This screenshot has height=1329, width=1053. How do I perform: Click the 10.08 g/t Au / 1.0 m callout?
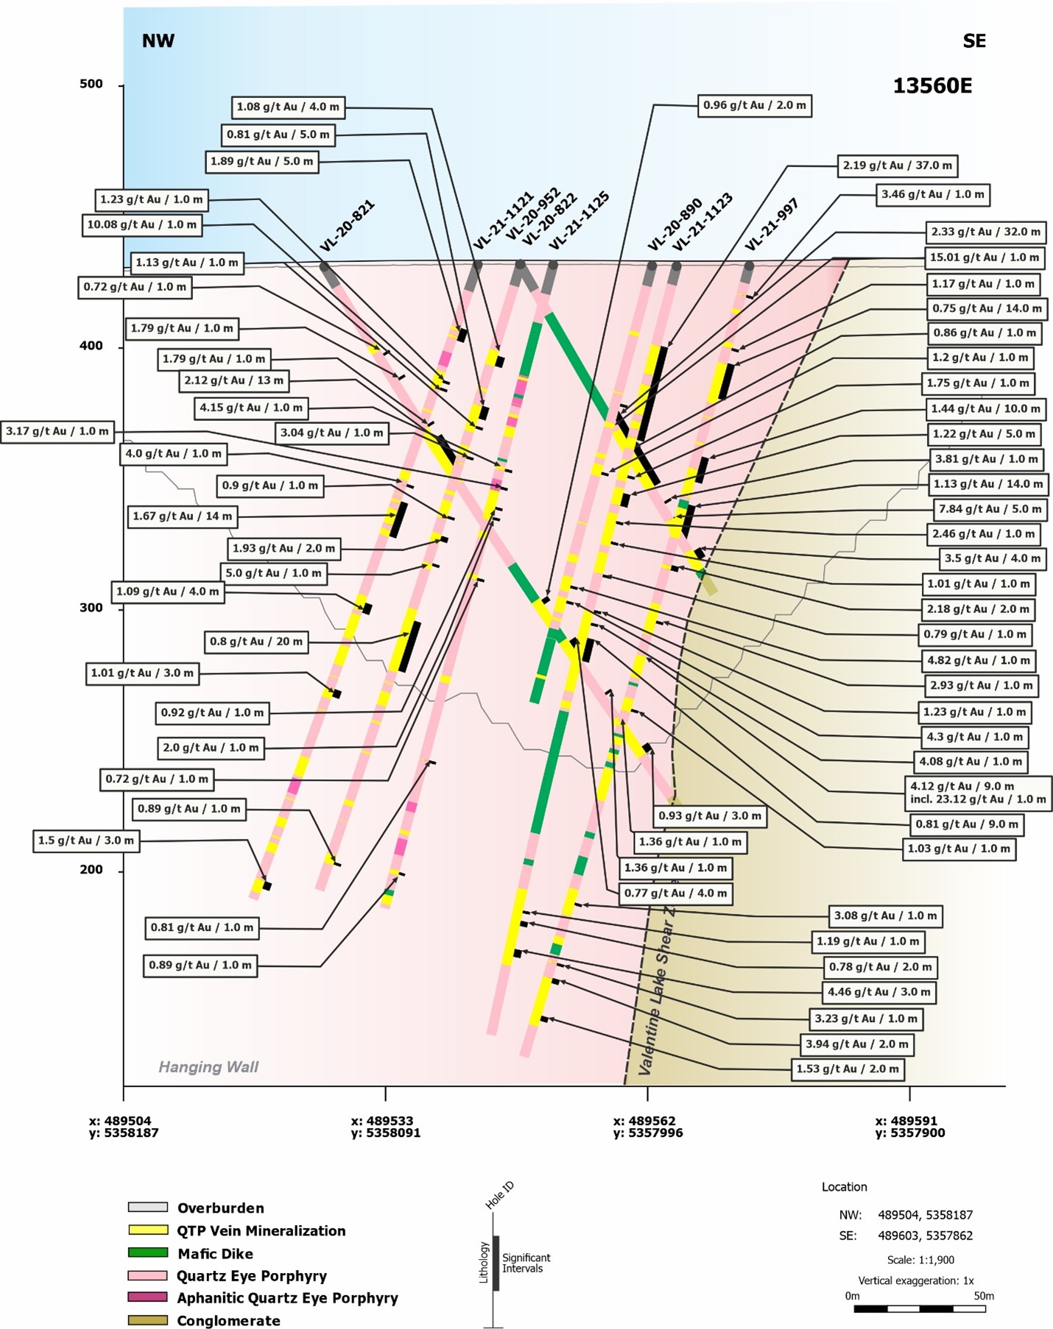coord(141,224)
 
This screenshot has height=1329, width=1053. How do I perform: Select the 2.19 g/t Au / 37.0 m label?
coord(897,166)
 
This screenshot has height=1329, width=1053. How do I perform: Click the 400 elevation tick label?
coord(91,346)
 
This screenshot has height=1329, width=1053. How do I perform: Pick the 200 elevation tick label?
coord(91,870)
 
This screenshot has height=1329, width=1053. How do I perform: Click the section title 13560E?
coord(932,86)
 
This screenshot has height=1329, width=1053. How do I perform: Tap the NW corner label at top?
coord(158,40)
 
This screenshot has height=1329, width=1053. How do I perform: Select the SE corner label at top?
coord(973,41)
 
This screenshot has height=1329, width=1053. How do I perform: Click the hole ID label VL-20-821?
coord(348,226)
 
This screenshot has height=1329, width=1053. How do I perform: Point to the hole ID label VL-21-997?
coord(771,224)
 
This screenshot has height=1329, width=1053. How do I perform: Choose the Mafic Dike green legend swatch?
coord(148,1252)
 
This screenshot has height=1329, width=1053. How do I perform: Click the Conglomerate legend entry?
coord(228,1320)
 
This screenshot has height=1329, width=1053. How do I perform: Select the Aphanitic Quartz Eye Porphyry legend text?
coord(287,1297)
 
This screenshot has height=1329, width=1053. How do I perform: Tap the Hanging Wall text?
coord(208,1066)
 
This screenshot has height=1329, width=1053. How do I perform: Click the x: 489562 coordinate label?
coord(644,1121)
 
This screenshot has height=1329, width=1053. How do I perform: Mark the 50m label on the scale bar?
coord(983,1295)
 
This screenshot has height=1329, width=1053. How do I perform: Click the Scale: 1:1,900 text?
coord(920,1259)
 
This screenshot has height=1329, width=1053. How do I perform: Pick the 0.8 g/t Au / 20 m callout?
coord(256,642)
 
